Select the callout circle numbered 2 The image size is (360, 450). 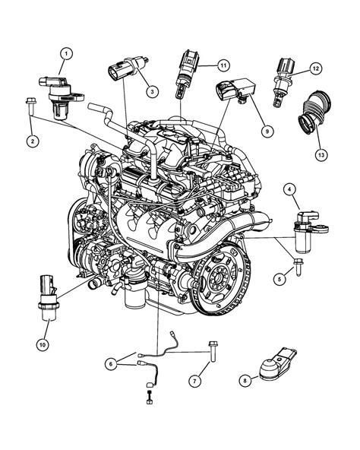[x=33, y=139]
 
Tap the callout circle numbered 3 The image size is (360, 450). [x=152, y=92]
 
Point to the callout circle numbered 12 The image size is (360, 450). [x=313, y=69]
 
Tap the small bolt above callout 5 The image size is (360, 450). [x=298, y=268]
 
